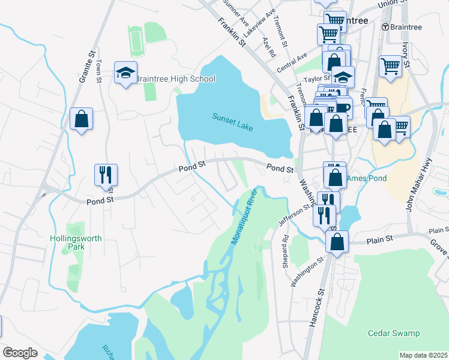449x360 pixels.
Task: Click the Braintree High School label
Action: pos(175,79)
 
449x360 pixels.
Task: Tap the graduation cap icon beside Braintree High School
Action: pos(125,73)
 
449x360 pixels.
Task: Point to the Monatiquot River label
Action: pos(244,215)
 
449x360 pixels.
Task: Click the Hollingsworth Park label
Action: pos(76,242)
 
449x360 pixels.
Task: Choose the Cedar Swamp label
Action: pos(394,332)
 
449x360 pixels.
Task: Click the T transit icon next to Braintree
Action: pos(385,27)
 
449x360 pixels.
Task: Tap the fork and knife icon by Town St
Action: pos(105,175)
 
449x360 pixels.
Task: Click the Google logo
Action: pos(20,352)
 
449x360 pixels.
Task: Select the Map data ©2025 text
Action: pos(423,355)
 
